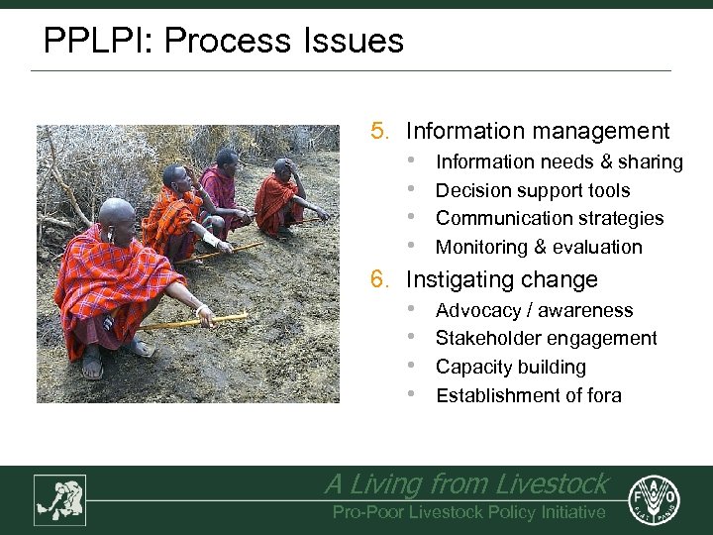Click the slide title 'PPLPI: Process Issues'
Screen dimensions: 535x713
[224, 41]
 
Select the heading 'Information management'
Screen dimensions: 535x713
[538, 131]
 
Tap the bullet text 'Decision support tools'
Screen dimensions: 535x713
[533, 190]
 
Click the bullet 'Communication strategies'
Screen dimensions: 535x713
[550, 218]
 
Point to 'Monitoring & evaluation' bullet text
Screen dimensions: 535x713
[539, 247]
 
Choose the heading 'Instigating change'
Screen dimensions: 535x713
[502, 279]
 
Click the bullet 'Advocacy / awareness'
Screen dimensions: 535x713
[534, 310]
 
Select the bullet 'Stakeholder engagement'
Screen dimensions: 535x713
[546, 338]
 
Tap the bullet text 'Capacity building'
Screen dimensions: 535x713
[511, 367]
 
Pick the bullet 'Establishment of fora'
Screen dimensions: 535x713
[529, 395]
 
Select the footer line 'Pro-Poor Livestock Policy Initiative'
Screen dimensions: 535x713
[468, 511]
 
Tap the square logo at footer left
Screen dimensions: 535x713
[59, 499]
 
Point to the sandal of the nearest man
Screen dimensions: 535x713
[92, 369]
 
